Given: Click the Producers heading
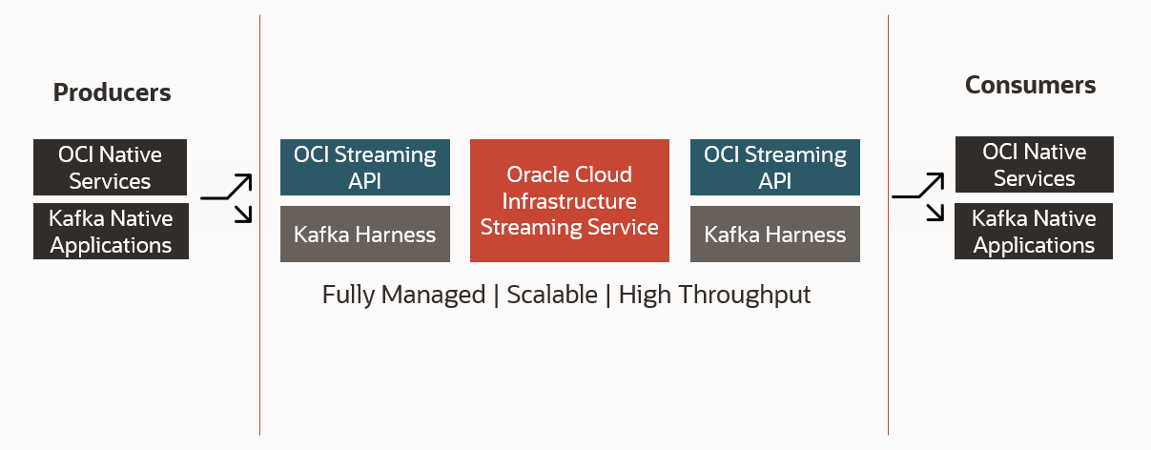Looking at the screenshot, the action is (112, 93).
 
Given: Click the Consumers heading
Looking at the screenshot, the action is (1030, 85).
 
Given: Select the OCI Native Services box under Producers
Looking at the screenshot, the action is (110, 167).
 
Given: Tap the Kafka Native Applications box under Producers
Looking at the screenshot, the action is (111, 231).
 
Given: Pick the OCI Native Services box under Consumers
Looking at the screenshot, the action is (1035, 164).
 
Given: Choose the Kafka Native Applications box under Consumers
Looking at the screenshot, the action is (1034, 231).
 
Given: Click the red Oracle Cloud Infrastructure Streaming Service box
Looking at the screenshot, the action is (569, 200).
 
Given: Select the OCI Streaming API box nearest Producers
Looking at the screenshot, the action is (365, 167).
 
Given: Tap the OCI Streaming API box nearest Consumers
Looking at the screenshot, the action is (775, 167).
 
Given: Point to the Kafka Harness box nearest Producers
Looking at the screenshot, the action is (365, 235).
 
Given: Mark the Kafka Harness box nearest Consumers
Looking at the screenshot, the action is (775, 235).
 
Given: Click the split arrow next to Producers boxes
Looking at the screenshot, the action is (227, 197).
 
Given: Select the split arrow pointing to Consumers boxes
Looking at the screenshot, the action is (918, 195).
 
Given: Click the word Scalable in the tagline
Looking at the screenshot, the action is (552, 295).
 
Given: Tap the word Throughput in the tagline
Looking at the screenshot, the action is (744, 296).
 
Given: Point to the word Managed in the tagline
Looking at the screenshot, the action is (433, 296).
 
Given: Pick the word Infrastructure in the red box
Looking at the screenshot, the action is (569, 201).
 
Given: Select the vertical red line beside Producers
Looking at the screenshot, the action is (260, 225).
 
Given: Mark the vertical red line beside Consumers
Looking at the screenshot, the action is (888, 225).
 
